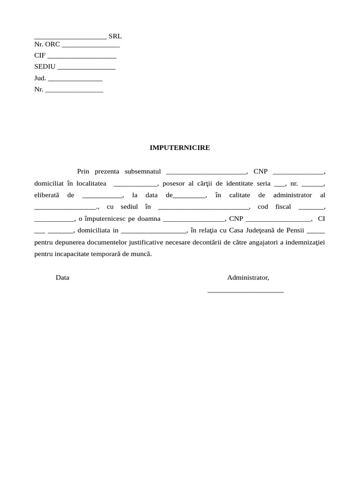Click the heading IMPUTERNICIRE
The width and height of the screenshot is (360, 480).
[180, 148]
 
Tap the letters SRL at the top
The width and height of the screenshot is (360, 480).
[115, 36]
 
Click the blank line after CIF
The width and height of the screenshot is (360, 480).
[82, 56]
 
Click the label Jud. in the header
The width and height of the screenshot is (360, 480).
[40, 78]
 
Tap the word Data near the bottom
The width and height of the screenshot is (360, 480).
[62, 277]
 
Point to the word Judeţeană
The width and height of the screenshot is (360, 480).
[265, 230]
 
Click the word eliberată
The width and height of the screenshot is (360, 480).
[46, 195]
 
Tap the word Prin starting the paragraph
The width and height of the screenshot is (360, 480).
[83, 172]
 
